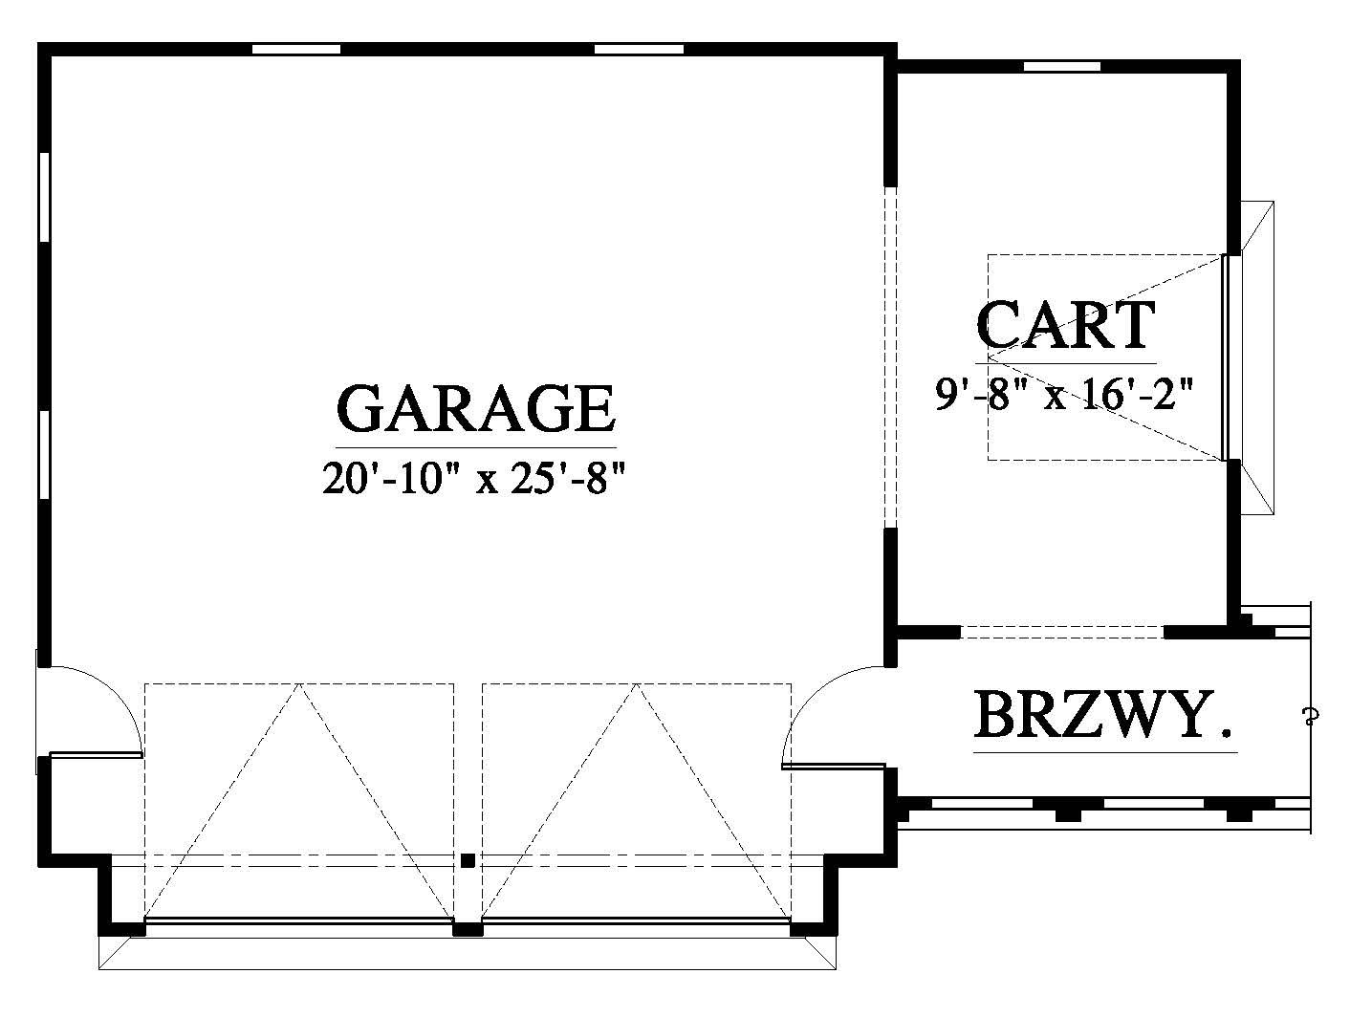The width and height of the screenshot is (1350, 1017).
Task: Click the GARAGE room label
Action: (476, 408)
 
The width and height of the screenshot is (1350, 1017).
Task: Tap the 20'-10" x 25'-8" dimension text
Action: (474, 478)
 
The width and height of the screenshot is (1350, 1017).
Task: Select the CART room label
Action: (1065, 325)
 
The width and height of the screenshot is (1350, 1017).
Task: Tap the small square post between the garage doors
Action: (468, 860)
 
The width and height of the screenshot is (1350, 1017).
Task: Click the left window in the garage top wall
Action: (296, 49)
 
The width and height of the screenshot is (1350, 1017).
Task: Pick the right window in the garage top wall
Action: (640, 49)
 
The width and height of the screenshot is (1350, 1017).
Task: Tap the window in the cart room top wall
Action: (1061, 66)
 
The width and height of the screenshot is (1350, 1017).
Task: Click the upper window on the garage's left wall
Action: (44, 197)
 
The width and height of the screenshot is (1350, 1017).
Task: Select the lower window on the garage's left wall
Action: (44, 455)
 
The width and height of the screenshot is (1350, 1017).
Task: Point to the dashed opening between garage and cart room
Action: (890, 357)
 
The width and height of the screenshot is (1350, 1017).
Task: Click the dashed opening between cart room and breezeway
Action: (1062, 632)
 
